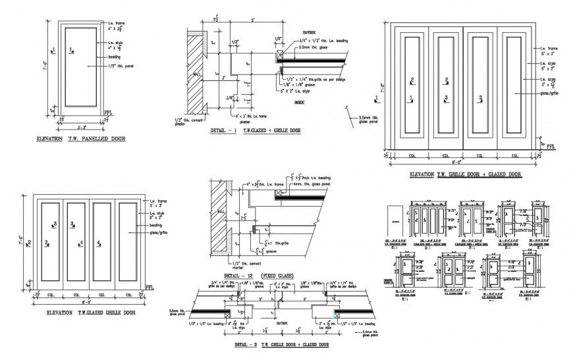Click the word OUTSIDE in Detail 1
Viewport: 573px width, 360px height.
pyautogui.click(x=290, y=32)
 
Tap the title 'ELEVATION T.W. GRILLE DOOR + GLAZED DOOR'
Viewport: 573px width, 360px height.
pyautogui.click(x=465, y=175)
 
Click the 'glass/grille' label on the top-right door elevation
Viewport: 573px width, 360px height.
pyautogui.click(x=549, y=94)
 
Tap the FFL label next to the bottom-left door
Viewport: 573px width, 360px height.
pyautogui.click(x=150, y=288)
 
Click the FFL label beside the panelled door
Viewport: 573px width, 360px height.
pyautogui.click(x=109, y=113)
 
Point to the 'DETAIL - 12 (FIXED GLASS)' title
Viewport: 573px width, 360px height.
pyautogui.click(x=259, y=275)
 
